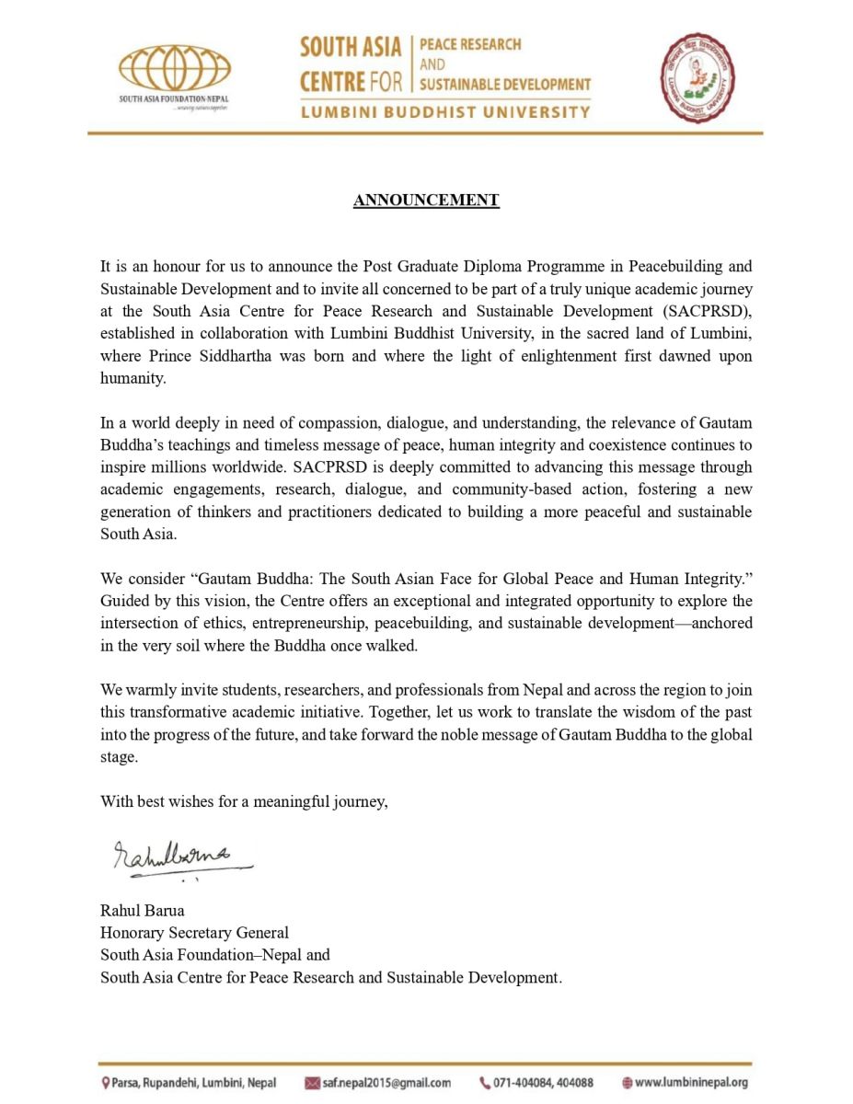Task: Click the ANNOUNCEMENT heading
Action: point(426,200)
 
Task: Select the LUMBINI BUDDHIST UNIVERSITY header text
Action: point(444,112)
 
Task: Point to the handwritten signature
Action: point(175,857)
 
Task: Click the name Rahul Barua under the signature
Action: point(142,910)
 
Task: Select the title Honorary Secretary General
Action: point(194,932)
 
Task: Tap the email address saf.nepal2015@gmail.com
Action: point(386,1083)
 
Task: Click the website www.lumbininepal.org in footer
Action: point(691,1083)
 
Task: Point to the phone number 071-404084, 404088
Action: point(543,1083)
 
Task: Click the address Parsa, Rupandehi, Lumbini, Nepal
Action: point(194,1083)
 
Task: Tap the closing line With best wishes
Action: point(244,801)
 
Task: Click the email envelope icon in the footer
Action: point(312,1083)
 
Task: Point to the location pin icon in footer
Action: point(106,1083)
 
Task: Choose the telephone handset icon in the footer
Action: point(485,1083)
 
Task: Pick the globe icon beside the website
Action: point(627,1083)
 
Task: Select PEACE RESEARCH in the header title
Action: point(470,44)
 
